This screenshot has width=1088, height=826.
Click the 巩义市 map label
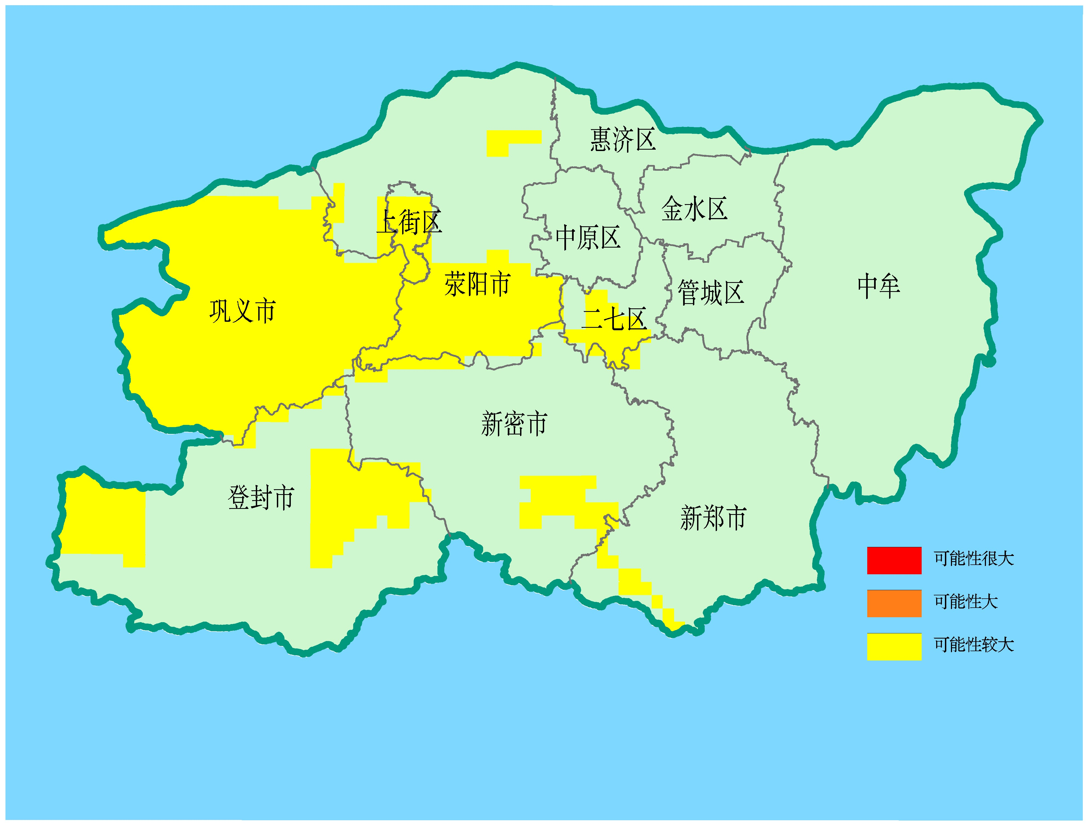pyautogui.click(x=242, y=311)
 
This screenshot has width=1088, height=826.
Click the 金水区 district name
pyautogui.click(x=694, y=209)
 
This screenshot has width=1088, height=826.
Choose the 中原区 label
pyautogui.click(x=588, y=238)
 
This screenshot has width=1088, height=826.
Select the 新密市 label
pyautogui.click(x=513, y=424)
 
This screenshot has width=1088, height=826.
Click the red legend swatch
pyautogui.click(x=894, y=560)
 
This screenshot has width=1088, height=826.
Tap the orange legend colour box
pyautogui.click(x=894, y=603)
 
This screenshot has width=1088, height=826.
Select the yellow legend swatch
pyautogui.click(x=894, y=647)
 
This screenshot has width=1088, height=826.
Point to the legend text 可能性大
pyautogui.click(x=965, y=602)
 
